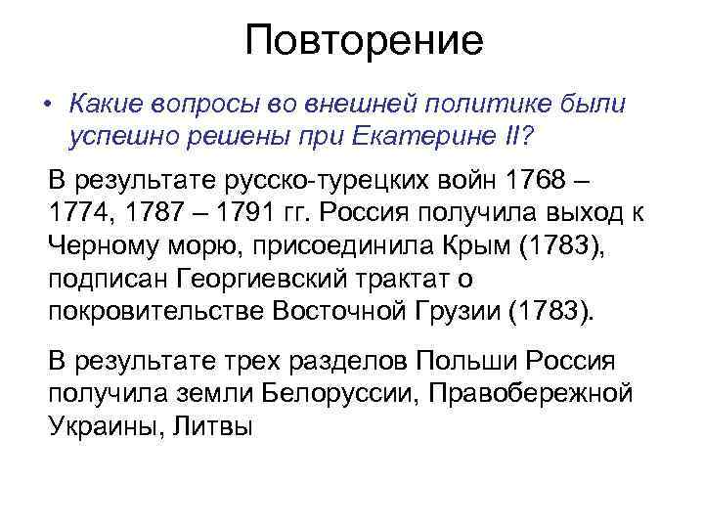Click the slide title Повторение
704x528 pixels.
pos(364,40)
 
